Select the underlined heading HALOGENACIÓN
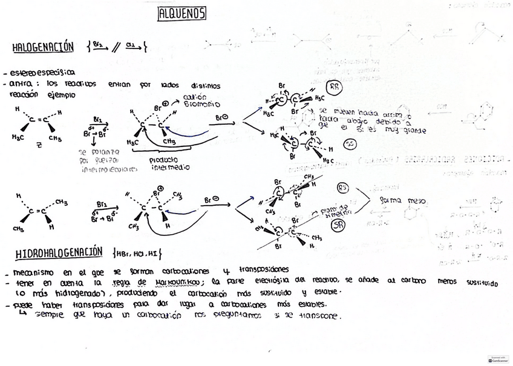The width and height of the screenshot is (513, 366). (x=43, y=47)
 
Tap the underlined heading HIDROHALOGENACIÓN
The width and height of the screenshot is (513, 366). (x=59, y=252)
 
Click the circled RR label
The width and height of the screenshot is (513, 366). (x=334, y=87)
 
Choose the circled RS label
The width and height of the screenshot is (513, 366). (x=343, y=188)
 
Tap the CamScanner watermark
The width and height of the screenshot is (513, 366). (x=498, y=359)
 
